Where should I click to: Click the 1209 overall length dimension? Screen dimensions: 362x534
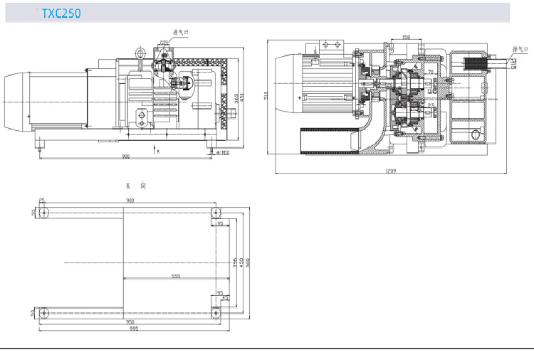(391, 171)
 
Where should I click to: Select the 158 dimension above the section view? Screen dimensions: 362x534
(405, 36)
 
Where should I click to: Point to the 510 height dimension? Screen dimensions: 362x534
(266, 95)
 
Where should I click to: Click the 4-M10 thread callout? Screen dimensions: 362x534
(222, 151)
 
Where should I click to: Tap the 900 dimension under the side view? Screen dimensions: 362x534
(125, 156)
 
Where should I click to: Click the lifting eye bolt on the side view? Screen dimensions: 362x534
(141, 52)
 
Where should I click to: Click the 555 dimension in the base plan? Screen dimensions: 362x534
(175, 277)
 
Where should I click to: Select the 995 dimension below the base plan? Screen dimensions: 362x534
(134, 329)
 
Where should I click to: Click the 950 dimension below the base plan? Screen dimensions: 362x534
(129, 321)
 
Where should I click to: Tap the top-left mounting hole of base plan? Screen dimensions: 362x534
(43, 213)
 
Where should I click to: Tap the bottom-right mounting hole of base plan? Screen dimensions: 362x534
(215, 312)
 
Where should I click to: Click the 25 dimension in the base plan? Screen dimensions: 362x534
(41, 201)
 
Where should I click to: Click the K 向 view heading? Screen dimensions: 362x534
(135, 185)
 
